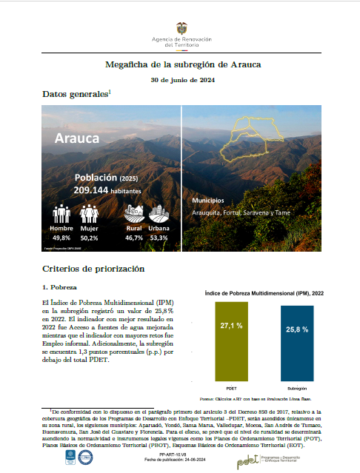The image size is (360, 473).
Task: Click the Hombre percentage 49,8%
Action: (x=61, y=238)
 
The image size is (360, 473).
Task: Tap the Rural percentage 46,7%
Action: (x=134, y=238)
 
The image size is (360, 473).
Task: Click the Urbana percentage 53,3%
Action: (x=159, y=238)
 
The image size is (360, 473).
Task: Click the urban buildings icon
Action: (x=159, y=214)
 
